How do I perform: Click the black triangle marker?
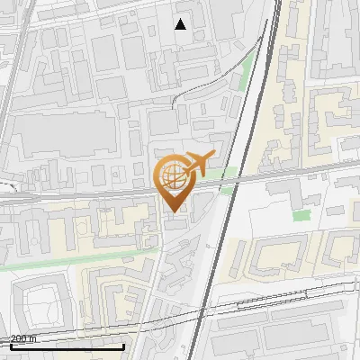click(x=181, y=23)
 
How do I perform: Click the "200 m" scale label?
click(x=23, y=338)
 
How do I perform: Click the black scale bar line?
click(x=67, y=346)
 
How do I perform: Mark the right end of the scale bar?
click(x=124, y=346)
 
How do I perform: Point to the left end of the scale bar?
click(x=11, y=346)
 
